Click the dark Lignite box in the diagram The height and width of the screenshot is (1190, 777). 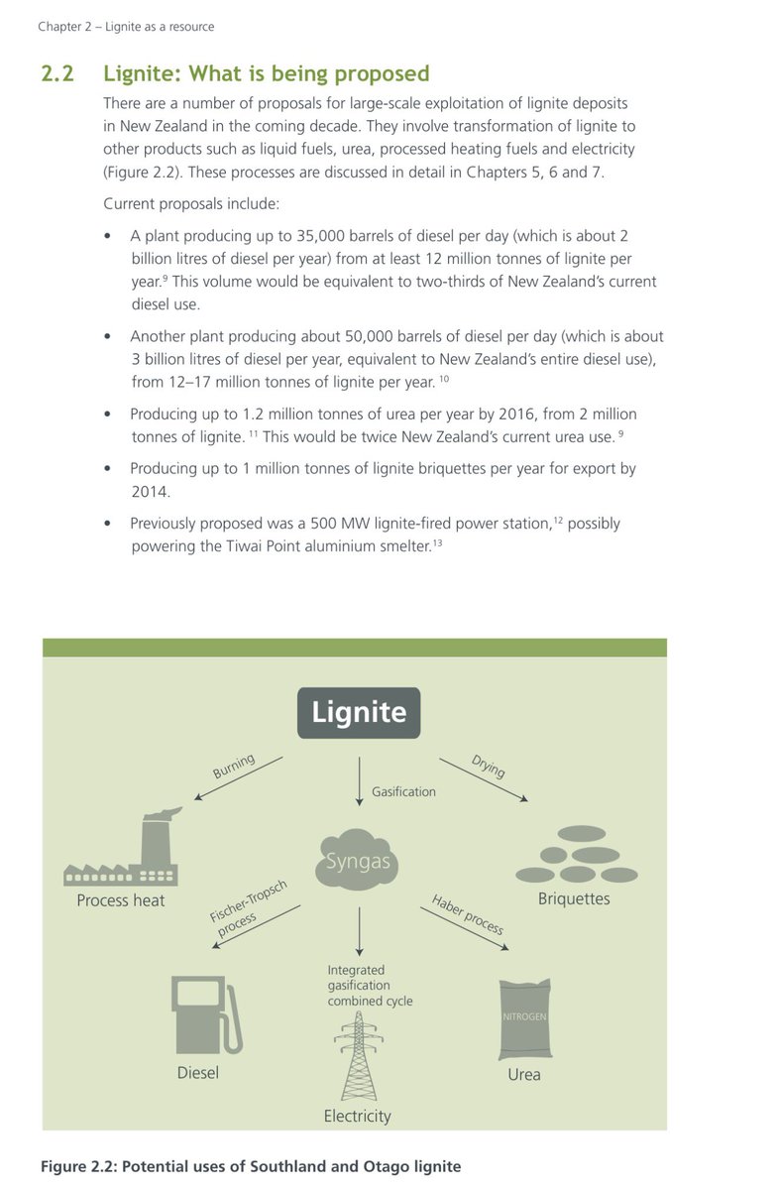(x=359, y=712)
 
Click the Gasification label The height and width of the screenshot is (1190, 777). (x=403, y=791)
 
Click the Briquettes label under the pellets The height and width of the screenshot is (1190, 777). (x=574, y=899)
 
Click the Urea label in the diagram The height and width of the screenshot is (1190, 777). (x=524, y=1074)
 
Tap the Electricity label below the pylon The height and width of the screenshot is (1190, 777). (x=358, y=1116)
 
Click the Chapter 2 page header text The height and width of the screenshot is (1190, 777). (x=126, y=27)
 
